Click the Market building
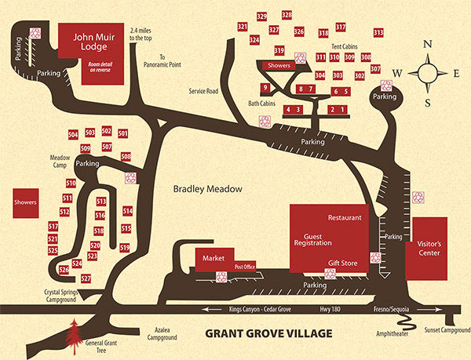click(x=214, y=258)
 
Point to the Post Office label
click(x=245, y=267)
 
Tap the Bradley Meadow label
click(x=209, y=190)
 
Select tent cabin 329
click(x=261, y=16)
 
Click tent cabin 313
click(x=378, y=32)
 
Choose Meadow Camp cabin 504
click(x=73, y=135)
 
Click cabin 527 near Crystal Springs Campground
click(x=86, y=279)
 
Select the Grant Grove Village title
click(x=268, y=333)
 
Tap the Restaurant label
click(x=345, y=216)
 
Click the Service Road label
click(x=202, y=91)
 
